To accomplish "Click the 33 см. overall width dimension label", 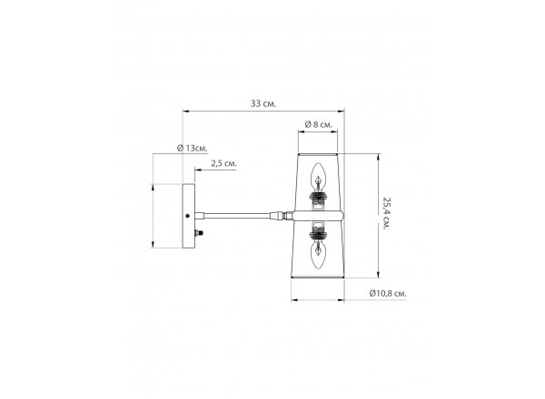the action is (263, 103).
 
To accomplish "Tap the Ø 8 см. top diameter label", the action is (319, 124).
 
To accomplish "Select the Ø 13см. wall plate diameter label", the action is (193, 148).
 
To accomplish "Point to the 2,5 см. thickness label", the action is (223, 163).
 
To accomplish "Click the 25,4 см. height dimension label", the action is (387, 213).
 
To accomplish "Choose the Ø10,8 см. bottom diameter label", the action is (388, 293).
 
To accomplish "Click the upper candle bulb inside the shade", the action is (318, 177).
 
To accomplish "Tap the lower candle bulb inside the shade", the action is (318, 255).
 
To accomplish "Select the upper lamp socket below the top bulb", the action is (318, 199).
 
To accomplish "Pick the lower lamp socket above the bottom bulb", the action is (318, 233).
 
